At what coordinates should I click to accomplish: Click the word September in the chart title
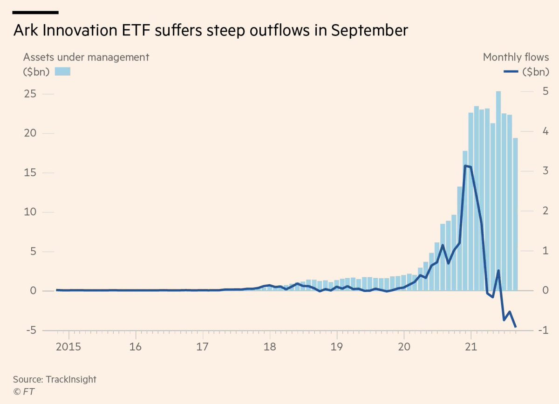coord(368,31)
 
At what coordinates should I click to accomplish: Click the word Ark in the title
coord(26,31)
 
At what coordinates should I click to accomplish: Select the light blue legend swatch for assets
coord(62,71)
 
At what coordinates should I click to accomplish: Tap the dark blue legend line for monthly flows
coord(511,71)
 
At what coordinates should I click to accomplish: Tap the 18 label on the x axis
coord(269,348)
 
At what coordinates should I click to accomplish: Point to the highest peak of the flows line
coord(465,165)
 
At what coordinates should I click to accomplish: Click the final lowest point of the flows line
coord(515,327)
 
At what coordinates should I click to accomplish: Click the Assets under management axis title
coord(86,57)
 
